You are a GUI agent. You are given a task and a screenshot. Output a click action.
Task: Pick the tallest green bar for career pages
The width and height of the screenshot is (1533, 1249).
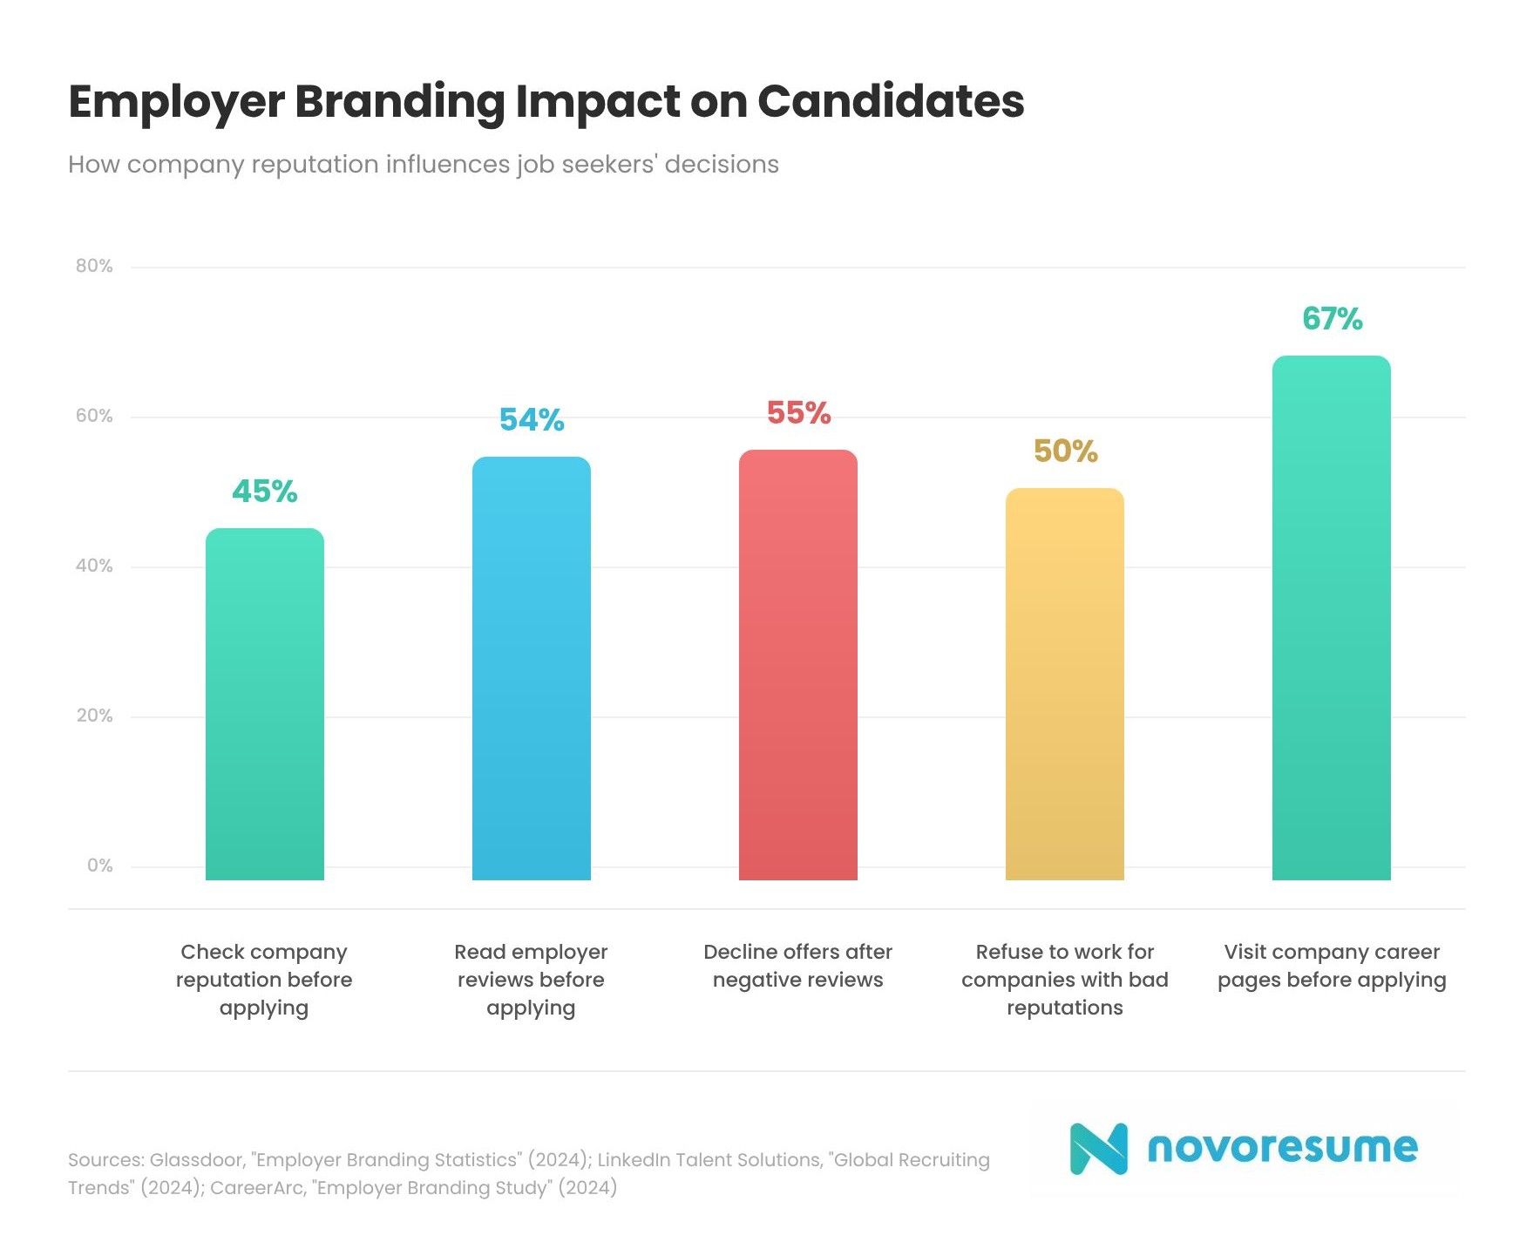[x=1331, y=618]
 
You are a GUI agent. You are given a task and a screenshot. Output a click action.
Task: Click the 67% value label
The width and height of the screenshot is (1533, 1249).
[x=1332, y=319]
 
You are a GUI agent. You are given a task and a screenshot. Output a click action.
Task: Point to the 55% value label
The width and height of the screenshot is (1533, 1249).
[x=798, y=413]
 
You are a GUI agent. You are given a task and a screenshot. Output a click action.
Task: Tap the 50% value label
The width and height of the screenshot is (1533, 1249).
[x=1065, y=451]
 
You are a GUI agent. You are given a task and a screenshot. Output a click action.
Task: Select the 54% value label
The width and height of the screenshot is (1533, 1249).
[x=531, y=420]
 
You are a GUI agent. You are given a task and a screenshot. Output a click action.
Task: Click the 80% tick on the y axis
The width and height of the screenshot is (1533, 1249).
[x=94, y=266]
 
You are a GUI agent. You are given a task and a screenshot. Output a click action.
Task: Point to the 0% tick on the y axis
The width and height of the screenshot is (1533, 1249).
[x=99, y=865]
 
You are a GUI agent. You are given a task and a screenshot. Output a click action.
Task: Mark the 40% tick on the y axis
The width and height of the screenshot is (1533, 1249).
[x=94, y=566]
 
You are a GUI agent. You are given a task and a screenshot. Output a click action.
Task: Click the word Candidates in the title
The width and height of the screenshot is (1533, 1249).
[x=890, y=101]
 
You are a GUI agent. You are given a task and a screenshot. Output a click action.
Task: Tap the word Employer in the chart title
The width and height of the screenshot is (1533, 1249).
[x=176, y=103]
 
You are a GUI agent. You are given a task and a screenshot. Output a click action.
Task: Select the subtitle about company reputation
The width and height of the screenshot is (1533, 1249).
[x=423, y=165]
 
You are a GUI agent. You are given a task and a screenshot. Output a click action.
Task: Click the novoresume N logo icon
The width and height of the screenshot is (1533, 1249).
[x=1098, y=1148]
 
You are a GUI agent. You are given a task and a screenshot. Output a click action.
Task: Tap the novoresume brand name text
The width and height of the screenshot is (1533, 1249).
[x=1282, y=1147]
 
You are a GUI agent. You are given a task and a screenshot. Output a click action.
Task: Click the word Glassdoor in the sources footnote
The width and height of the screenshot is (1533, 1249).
[x=197, y=1160]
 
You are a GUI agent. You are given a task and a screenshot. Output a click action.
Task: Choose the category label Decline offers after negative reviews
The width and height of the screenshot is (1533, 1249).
[x=797, y=966]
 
